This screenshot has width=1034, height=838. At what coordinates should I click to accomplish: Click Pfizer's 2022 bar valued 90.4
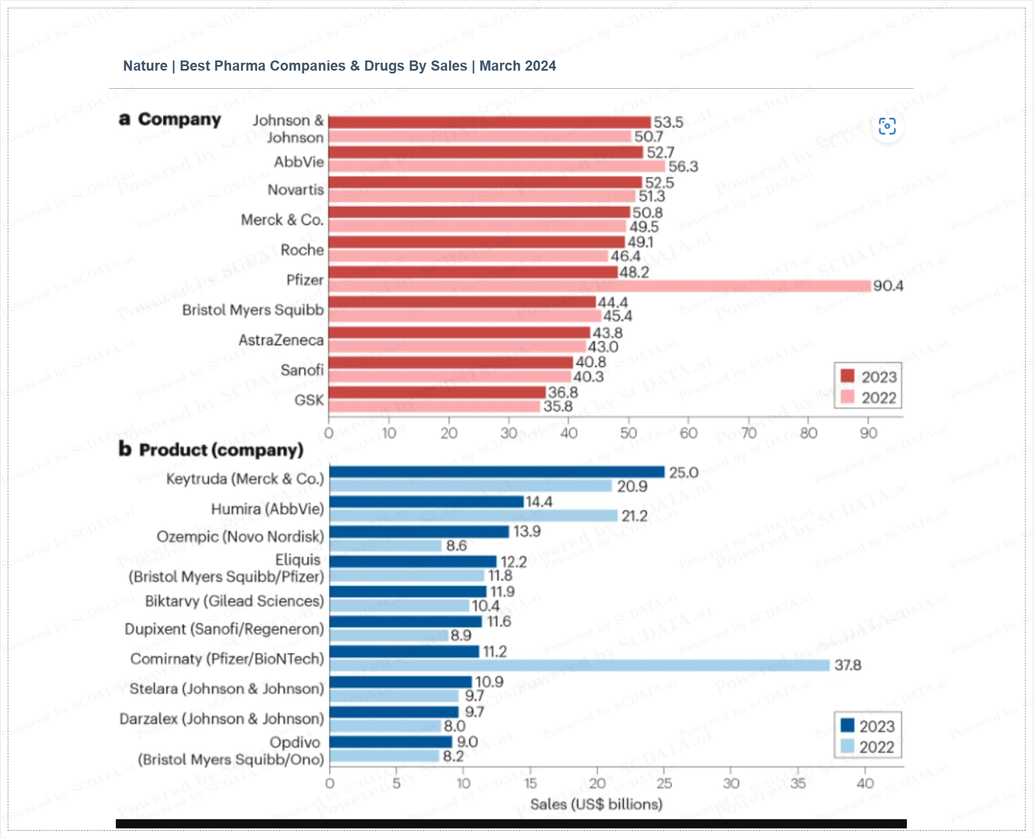coord(599,286)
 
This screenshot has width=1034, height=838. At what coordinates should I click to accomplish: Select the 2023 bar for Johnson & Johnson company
coord(489,122)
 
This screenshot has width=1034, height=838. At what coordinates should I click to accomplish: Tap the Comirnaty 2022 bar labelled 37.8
coord(579,666)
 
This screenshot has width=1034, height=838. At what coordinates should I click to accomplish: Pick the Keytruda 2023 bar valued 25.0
coord(497,472)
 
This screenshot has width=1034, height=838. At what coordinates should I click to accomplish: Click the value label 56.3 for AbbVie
coord(683,167)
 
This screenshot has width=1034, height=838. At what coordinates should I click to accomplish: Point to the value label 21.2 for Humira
coord(635,516)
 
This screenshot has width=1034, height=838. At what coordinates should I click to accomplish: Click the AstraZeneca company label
coord(281,340)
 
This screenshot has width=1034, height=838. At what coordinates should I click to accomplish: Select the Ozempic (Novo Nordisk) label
coord(240,536)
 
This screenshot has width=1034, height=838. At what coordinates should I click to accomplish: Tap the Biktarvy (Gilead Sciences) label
coord(234,601)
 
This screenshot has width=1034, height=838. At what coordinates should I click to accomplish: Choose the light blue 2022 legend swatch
coord(847,746)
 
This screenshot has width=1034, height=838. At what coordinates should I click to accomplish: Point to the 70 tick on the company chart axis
coord(749,433)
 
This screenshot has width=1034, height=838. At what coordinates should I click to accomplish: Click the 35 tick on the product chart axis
coord(798,783)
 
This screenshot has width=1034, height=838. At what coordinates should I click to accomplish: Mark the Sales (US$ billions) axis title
coord(596,804)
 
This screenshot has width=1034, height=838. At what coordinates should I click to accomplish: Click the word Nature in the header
coord(145,66)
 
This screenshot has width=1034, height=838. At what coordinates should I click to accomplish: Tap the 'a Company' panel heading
coord(170,119)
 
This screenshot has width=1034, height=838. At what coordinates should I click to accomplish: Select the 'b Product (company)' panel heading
coord(211,450)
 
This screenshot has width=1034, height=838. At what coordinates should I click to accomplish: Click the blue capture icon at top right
coord(887,127)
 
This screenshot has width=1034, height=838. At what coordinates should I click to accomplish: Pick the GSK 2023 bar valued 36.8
coord(437,392)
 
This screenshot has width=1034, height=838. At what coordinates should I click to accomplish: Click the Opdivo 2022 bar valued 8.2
coord(384,756)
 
